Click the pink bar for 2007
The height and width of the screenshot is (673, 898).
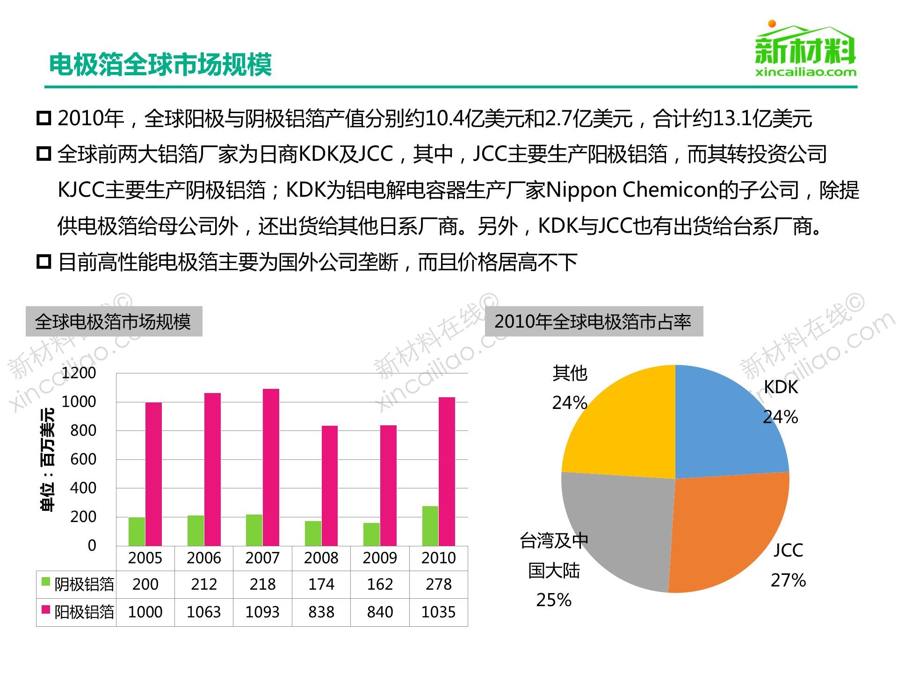coord(271,467)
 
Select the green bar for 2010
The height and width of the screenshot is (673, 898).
coord(430,526)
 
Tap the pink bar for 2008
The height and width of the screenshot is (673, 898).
coord(329,486)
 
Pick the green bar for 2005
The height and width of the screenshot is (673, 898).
coord(137,531)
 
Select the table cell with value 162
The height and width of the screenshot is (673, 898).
coord(380,584)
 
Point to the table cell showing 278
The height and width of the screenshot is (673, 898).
coord(438,584)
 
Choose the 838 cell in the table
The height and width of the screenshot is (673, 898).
coord(321,612)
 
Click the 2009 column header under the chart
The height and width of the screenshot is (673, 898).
coord(380,558)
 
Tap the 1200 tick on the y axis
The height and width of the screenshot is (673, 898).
coord(79,373)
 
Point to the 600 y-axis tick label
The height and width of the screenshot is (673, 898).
coord(83,459)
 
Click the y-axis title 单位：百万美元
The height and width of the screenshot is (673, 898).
coord(48,460)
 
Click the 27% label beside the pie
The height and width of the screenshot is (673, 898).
coord(788,580)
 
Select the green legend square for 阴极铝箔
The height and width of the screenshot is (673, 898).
coord(46,582)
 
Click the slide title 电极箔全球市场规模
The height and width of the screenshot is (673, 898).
coord(160,64)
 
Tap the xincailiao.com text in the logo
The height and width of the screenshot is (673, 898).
coord(805,72)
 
